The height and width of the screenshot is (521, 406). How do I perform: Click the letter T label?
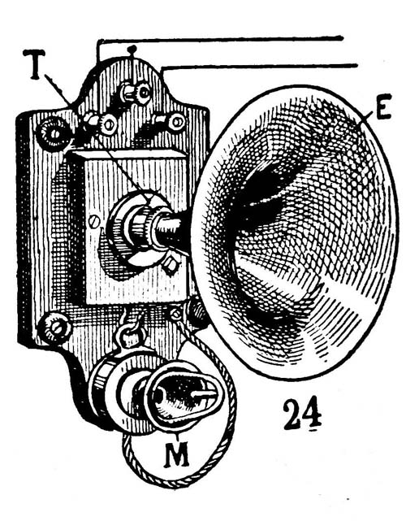35,64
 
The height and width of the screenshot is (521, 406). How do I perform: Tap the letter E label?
383,106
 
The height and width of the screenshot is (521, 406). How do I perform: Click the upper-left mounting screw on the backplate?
53,134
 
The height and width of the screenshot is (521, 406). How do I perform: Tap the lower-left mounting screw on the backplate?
54,328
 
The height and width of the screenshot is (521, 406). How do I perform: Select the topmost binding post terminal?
136,93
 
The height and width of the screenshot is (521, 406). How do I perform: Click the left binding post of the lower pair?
101,124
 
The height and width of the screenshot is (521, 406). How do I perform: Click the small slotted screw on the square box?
95,222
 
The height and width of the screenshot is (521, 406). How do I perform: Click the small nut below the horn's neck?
171,265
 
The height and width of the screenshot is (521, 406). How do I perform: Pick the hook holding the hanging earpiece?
127,334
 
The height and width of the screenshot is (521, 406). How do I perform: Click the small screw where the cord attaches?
176,313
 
